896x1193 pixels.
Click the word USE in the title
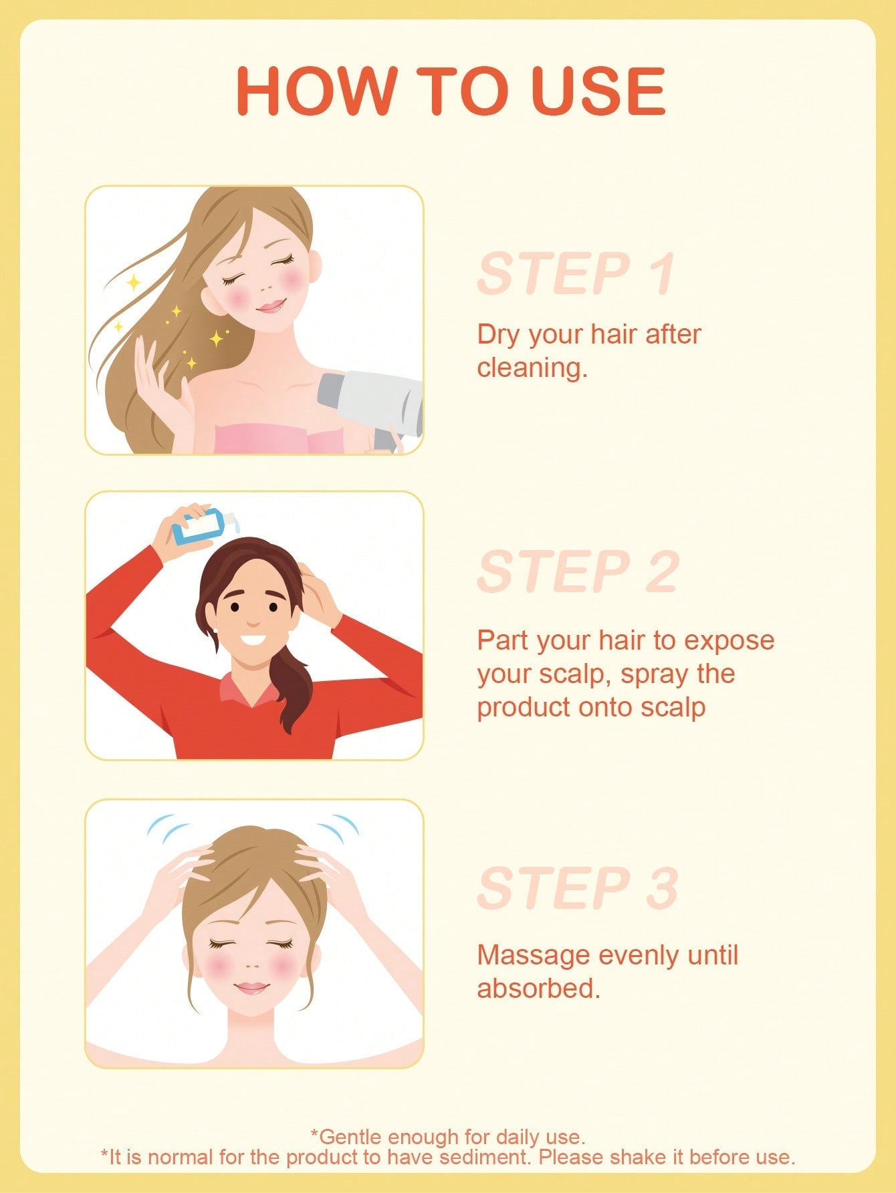pos(600,91)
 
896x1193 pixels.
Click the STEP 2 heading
pos(578,571)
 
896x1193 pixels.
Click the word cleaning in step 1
pos(532,367)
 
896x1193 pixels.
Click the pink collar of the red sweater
pos(247,689)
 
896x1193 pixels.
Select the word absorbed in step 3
pos(538,988)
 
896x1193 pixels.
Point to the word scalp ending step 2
pos(673,708)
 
